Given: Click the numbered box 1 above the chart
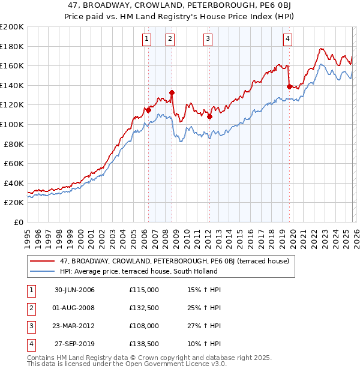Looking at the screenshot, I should click(148, 39).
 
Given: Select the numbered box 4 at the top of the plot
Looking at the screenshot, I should click(289, 39).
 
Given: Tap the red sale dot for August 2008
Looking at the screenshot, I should click(172, 92).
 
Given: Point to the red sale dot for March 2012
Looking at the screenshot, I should click(210, 116).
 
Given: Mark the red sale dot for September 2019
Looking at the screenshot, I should click(290, 86).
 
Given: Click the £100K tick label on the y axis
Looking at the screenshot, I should click(12, 124).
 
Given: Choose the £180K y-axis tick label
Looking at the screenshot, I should click(12, 46).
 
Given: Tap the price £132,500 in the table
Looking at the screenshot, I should click(144, 308).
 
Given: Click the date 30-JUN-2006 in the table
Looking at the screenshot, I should click(74, 290).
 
